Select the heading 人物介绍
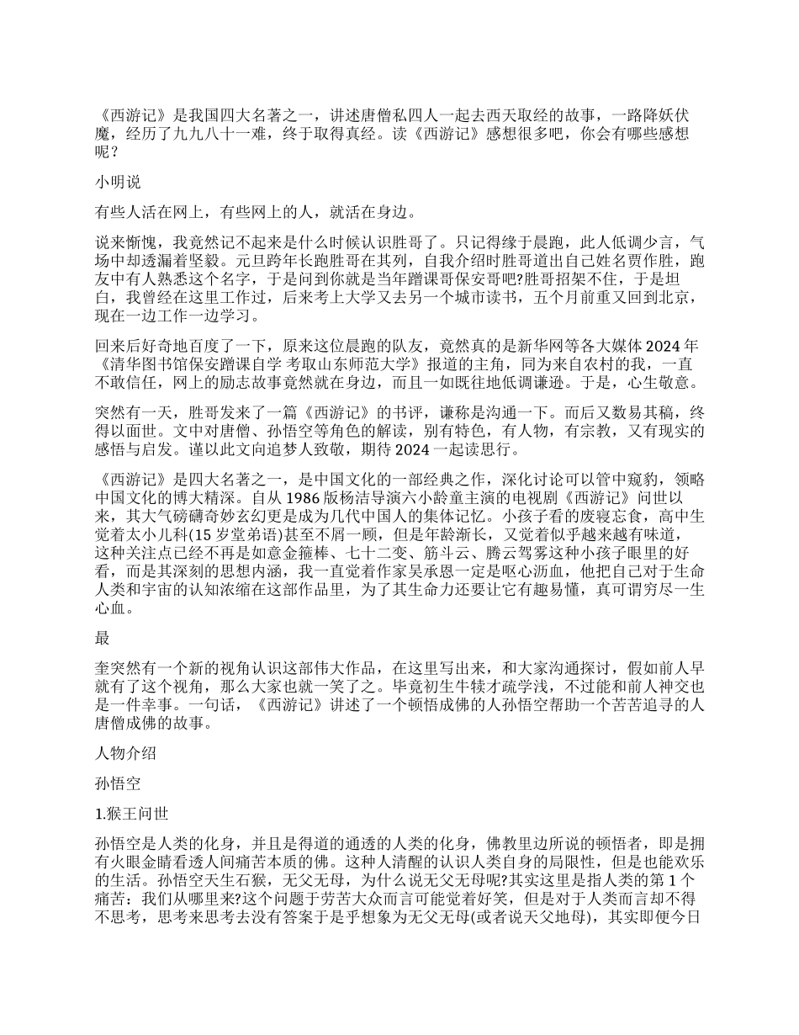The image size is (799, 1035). point(125,754)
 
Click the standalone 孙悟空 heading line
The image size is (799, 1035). point(118,783)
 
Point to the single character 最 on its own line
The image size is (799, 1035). point(103,639)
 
